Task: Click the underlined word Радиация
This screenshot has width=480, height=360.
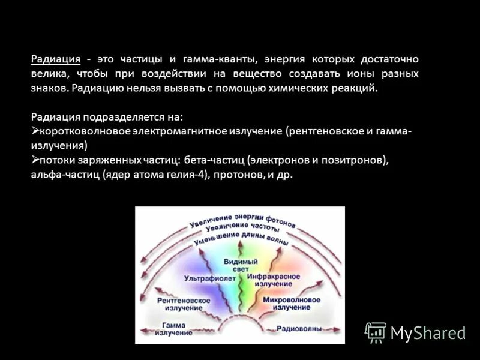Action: click(x=56, y=59)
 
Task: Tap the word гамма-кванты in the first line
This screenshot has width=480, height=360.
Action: click(x=219, y=59)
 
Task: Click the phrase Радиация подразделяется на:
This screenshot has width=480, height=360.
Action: click(x=107, y=116)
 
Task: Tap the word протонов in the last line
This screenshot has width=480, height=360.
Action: click(x=239, y=175)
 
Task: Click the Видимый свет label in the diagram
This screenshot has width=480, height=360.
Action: click(x=240, y=266)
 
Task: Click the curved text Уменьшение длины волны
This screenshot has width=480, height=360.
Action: click(x=240, y=240)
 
